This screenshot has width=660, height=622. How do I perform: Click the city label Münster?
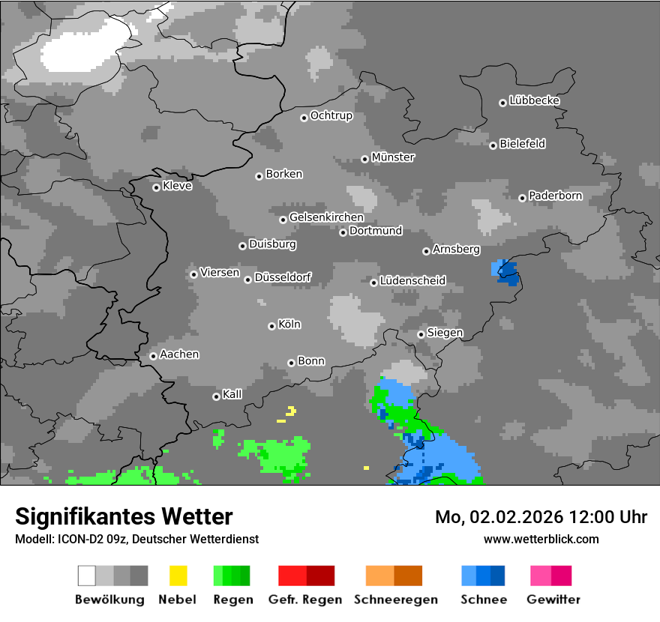(393, 157)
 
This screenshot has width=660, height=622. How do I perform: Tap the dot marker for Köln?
(271, 326)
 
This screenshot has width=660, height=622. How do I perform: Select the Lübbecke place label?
(534, 100)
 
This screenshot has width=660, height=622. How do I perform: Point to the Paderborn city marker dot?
(523, 198)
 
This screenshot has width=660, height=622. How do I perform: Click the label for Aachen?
(179, 354)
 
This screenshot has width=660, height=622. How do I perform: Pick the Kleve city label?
(177, 186)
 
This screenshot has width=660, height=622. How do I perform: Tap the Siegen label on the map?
(445, 333)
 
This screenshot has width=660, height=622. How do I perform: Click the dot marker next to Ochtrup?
(304, 117)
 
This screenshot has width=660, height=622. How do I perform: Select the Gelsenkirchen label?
(326, 217)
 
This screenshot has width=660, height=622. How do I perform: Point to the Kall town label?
(232, 394)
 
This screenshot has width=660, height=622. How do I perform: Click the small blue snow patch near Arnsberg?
(506, 271)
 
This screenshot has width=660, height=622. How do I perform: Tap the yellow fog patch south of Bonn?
(289, 411)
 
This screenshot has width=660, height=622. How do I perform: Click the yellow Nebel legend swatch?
(178, 576)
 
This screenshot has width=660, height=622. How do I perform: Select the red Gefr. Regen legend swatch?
(306, 576)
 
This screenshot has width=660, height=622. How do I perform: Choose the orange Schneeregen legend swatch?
(394, 576)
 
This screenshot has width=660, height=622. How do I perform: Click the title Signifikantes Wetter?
(124, 516)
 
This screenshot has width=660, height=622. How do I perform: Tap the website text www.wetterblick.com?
(541, 539)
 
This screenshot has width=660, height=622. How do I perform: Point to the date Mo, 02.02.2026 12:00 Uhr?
(541, 517)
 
